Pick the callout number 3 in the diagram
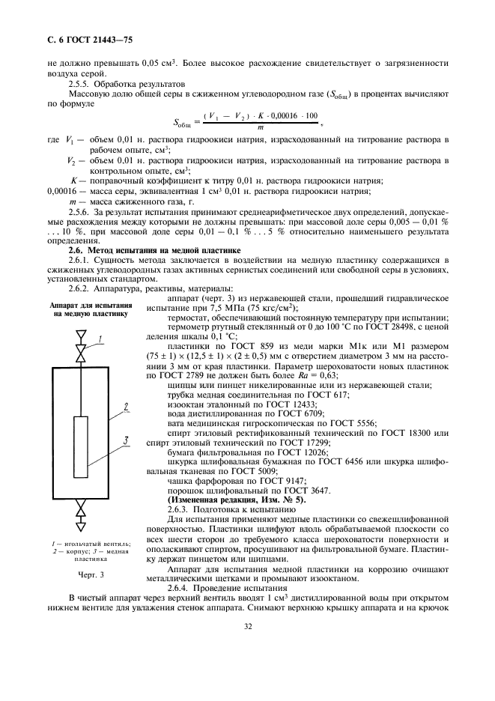(x=127, y=439)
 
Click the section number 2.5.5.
(x=82, y=85)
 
